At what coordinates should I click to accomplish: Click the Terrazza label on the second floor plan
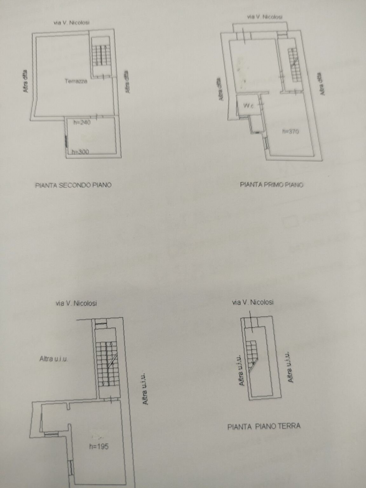click(x=76, y=81)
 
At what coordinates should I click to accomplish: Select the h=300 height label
click(x=80, y=152)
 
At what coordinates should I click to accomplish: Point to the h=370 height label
click(x=290, y=132)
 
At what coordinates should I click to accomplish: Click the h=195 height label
click(x=98, y=446)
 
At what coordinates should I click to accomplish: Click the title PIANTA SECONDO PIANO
click(x=73, y=185)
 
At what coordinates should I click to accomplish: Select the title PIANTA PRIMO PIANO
click(x=271, y=184)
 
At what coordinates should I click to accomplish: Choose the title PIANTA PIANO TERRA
click(x=264, y=426)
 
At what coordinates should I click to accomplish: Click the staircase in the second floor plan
click(x=101, y=56)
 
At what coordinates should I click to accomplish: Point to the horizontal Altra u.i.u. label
click(x=54, y=359)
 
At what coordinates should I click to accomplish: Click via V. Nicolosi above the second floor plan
click(x=71, y=23)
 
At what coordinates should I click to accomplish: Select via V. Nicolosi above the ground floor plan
click(x=253, y=302)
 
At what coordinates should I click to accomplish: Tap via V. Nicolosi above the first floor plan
click(x=265, y=17)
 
